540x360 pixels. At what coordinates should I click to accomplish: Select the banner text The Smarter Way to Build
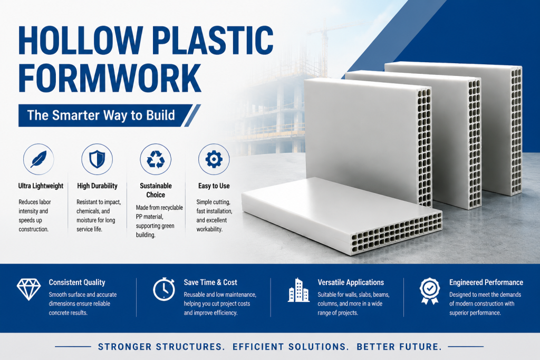pos(101,115)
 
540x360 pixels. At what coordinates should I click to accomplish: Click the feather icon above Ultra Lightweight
pos(38,159)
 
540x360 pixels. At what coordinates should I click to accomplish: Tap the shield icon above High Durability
pos(97,159)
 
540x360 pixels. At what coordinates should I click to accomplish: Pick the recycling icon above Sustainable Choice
pos(156,159)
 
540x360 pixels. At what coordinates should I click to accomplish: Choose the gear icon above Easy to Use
pos(214,159)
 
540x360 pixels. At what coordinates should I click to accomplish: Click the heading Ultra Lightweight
pos(41,186)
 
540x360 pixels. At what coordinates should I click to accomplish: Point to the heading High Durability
pos(97,186)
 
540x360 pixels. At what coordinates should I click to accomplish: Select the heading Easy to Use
pos(214,186)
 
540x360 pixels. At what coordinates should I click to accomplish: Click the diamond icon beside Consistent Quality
pos(29,289)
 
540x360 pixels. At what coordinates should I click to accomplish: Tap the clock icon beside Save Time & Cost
pos(164,289)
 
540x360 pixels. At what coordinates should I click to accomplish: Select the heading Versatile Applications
pos(351,283)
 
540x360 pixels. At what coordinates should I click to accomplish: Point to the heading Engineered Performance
pos(486,283)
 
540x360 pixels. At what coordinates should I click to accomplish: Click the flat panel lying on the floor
pos(342,216)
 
